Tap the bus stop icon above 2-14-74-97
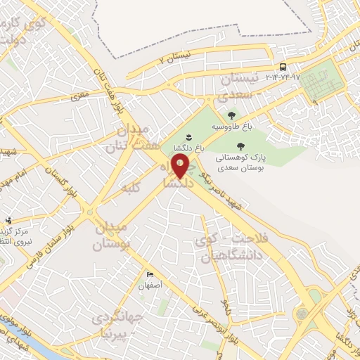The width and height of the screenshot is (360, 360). pos(283,68)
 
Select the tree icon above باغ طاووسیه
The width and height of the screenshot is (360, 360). pos(230,115)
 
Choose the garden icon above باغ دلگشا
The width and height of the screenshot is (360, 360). pos(188,136)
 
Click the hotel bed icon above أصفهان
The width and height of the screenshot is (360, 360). pos(150,275)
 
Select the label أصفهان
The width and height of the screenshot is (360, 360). pos(150,286)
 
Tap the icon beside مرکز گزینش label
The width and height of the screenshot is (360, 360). pos(8,221)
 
